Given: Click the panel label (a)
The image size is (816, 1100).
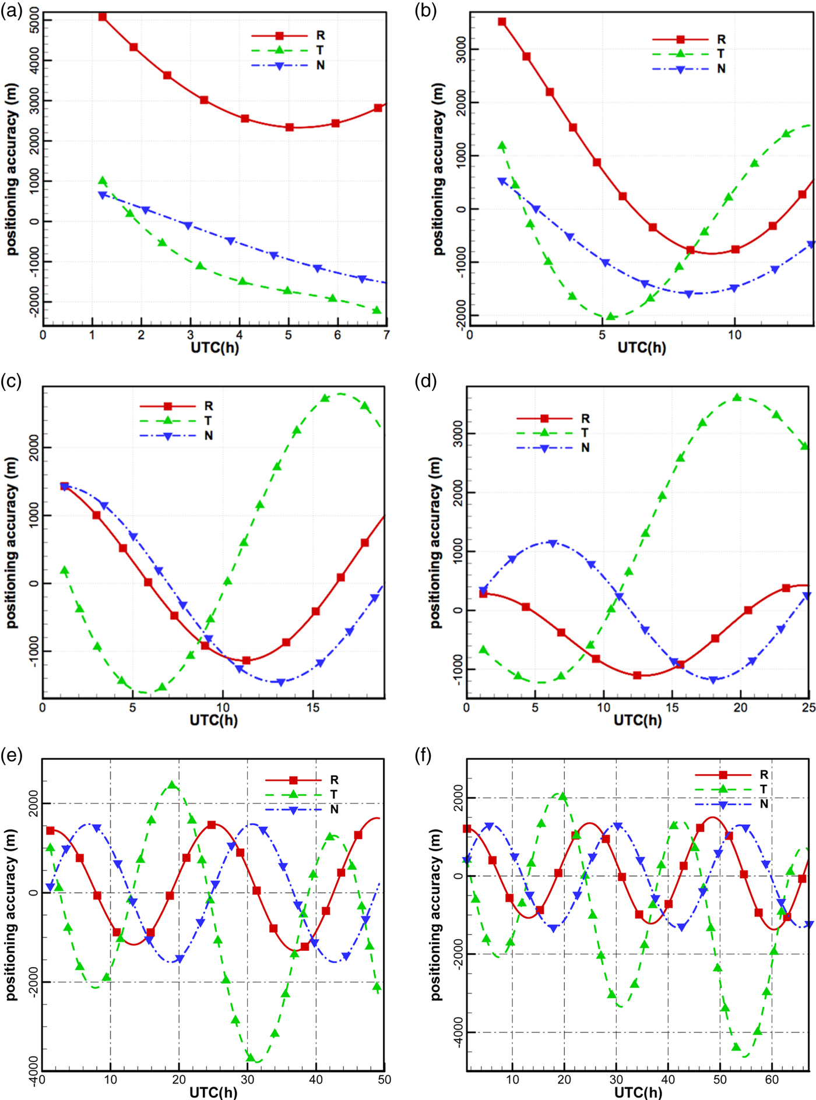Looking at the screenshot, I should click(11, 11).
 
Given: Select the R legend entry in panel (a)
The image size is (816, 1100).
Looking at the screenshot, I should click(320, 36).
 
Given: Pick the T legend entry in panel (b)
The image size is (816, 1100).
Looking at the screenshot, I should click(721, 54).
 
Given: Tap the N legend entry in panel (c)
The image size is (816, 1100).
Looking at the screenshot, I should click(208, 436).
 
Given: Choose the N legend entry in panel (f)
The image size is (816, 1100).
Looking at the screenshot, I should click(764, 804).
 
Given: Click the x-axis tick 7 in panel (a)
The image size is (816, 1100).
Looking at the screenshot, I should click(386, 335).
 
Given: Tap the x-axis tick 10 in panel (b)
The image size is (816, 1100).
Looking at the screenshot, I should click(734, 335).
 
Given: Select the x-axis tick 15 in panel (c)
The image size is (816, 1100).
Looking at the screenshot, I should click(313, 707).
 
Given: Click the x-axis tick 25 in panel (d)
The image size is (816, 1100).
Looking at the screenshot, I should click(808, 707).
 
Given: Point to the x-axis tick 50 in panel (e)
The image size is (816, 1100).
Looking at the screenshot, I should click(384, 1080).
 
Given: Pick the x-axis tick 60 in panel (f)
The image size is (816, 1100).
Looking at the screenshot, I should click(772, 1080).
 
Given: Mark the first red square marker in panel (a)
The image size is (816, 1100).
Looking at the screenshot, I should click(103, 17).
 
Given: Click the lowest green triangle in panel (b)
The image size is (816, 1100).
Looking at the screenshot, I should click(610, 316).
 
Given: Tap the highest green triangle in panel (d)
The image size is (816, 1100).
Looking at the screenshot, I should click(737, 397).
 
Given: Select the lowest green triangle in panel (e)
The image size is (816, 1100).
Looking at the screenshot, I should click(251, 1057).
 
